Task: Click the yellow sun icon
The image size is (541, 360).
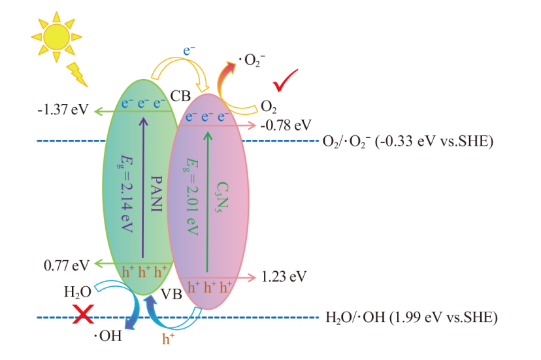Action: [x=57, y=37]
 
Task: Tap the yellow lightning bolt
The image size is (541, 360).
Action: [x=77, y=74]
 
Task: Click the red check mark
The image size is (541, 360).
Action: [x=285, y=81]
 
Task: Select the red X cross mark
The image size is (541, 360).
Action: [x=83, y=314]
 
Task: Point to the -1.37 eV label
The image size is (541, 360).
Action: [x=63, y=109]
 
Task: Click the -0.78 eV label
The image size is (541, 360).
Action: [x=286, y=125]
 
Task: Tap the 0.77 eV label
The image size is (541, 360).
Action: [x=67, y=265]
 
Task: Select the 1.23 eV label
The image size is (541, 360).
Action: [x=284, y=277]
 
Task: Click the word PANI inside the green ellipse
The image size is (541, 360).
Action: [x=156, y=193]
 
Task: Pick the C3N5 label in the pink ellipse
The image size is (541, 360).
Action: [x=222, y=197]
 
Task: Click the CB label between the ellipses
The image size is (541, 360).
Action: [x=180, y=96]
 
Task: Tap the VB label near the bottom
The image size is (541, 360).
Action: [x=171, y=294]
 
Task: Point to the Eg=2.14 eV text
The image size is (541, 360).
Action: [x=126, y=193]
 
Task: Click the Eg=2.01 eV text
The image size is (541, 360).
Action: [x=191, y=197]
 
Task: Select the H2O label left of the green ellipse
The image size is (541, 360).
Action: [x=78, y=292]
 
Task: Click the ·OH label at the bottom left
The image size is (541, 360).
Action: [x=108, y=336]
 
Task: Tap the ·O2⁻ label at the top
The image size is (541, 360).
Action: [x=252, y=60]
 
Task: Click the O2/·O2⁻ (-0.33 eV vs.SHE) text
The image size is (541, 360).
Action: [x=408, y=142]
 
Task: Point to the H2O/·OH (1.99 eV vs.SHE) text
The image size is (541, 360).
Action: [x=412, y=317]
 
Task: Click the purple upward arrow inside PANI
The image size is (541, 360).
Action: [x=143, y=188]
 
